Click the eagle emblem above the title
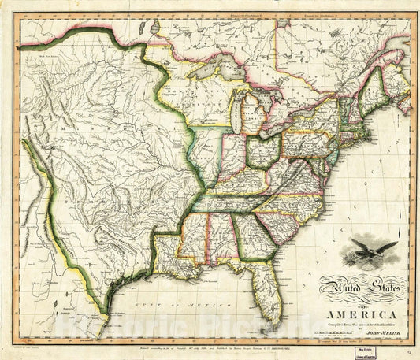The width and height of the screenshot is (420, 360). [x=364, y=254]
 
